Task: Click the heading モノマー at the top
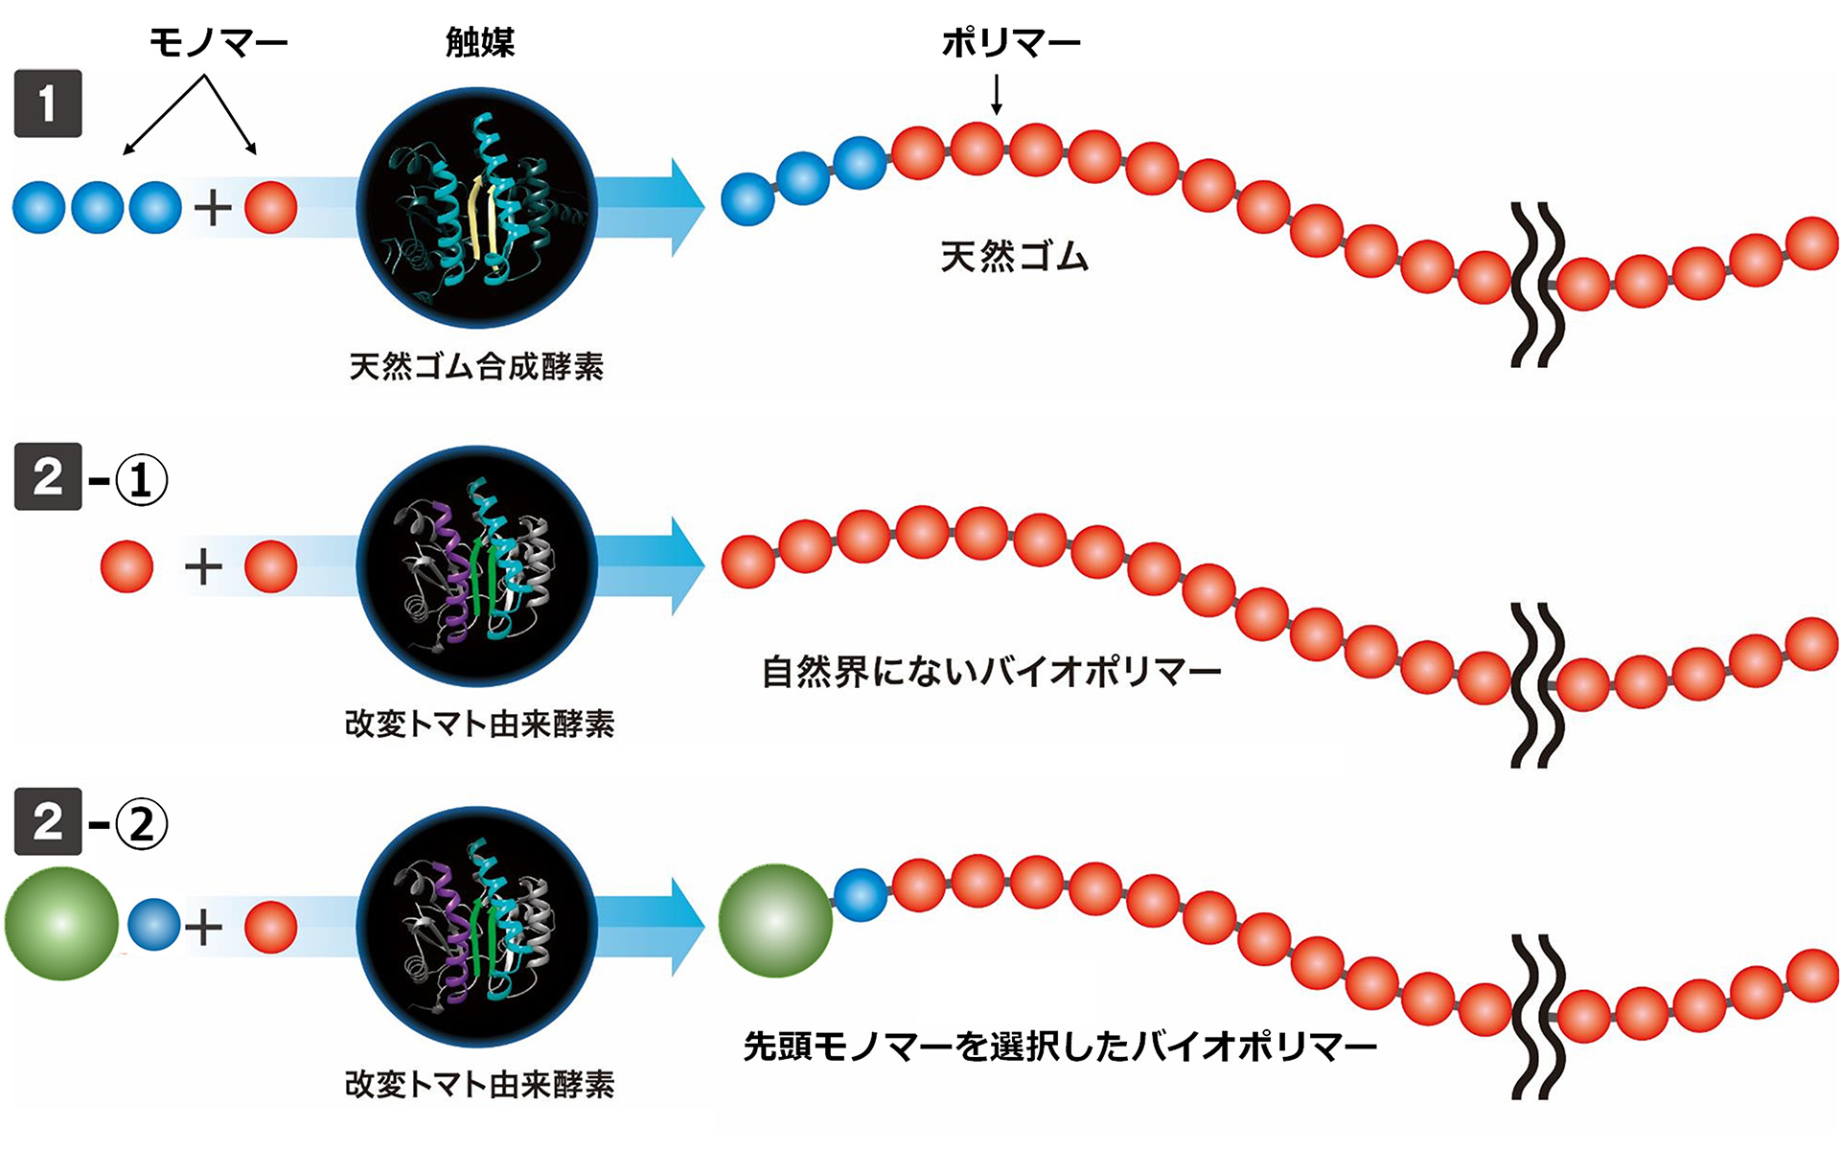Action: click(218, 42)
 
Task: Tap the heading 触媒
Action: click(480, 42)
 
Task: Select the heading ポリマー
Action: click(1010, 42)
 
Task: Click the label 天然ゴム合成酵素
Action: click(476, 366)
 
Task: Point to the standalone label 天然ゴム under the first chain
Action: click(1014, 257)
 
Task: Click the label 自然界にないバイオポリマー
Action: click(991, 672)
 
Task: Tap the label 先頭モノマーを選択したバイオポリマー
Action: click(1060, 1046)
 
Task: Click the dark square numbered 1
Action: click(48, 103)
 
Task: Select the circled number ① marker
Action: click(141, 480)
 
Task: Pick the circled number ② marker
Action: click(141, 824)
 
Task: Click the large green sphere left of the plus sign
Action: click(61, 924)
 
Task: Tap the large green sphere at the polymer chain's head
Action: click(775, 921)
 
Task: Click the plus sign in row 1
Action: click(213, 208)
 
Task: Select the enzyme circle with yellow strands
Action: click(476, 208)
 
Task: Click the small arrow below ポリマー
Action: click(997, 95)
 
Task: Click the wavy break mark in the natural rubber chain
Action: click(1537, 285)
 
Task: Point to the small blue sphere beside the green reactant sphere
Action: click(154, 924)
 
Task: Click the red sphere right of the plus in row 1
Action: click(271, 208)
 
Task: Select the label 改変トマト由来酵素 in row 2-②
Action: click(479, 1084)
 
